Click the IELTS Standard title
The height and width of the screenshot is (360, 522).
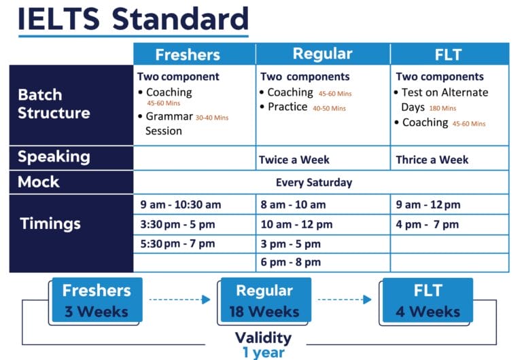coord(133,18)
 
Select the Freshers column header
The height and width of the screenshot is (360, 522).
coord(188,54)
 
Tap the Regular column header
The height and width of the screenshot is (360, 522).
coord(322,54)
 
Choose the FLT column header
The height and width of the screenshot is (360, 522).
coord(449,54)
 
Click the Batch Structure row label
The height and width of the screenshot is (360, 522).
coord(54,104)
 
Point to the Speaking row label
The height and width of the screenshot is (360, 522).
coord(54,157)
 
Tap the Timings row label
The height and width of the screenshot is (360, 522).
coord(50,223)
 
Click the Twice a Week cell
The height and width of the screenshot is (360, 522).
coord(294,160)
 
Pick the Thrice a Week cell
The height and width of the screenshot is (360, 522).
coord(432,160)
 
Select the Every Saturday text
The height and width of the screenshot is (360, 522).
coord(314,183)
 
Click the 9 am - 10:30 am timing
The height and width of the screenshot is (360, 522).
coord(181,204)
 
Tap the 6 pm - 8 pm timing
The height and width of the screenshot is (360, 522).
coord(290,262)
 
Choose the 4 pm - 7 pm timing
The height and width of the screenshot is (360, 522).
coord(428,224)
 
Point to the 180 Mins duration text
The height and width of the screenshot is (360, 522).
coord(442,108)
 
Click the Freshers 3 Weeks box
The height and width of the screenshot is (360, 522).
coord(96,300)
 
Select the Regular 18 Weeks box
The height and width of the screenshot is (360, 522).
coord(264,300)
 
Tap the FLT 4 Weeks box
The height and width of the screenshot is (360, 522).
coord(428,300)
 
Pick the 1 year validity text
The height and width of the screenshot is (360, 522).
coord(263,353)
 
